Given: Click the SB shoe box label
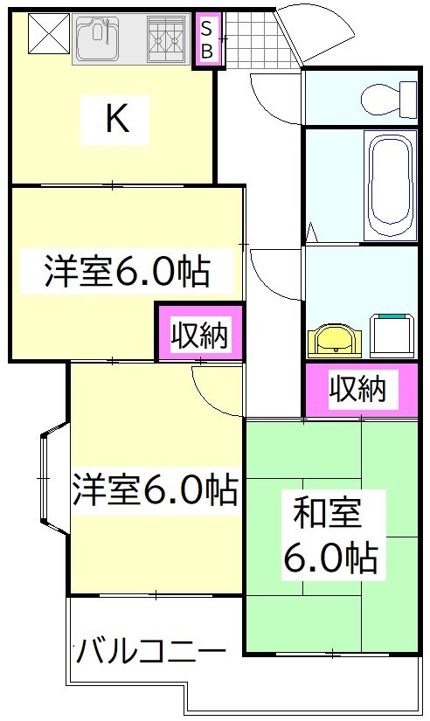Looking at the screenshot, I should click(x=207, y=40).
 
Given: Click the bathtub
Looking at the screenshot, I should click(x=391, y=184).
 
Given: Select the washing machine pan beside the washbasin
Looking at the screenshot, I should click(x=392, y=333).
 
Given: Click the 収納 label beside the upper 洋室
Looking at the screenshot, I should click(x=199, y=335).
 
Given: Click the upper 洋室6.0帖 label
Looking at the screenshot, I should click(x=127, y=272).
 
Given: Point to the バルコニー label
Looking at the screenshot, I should click(x=150, y=651).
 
